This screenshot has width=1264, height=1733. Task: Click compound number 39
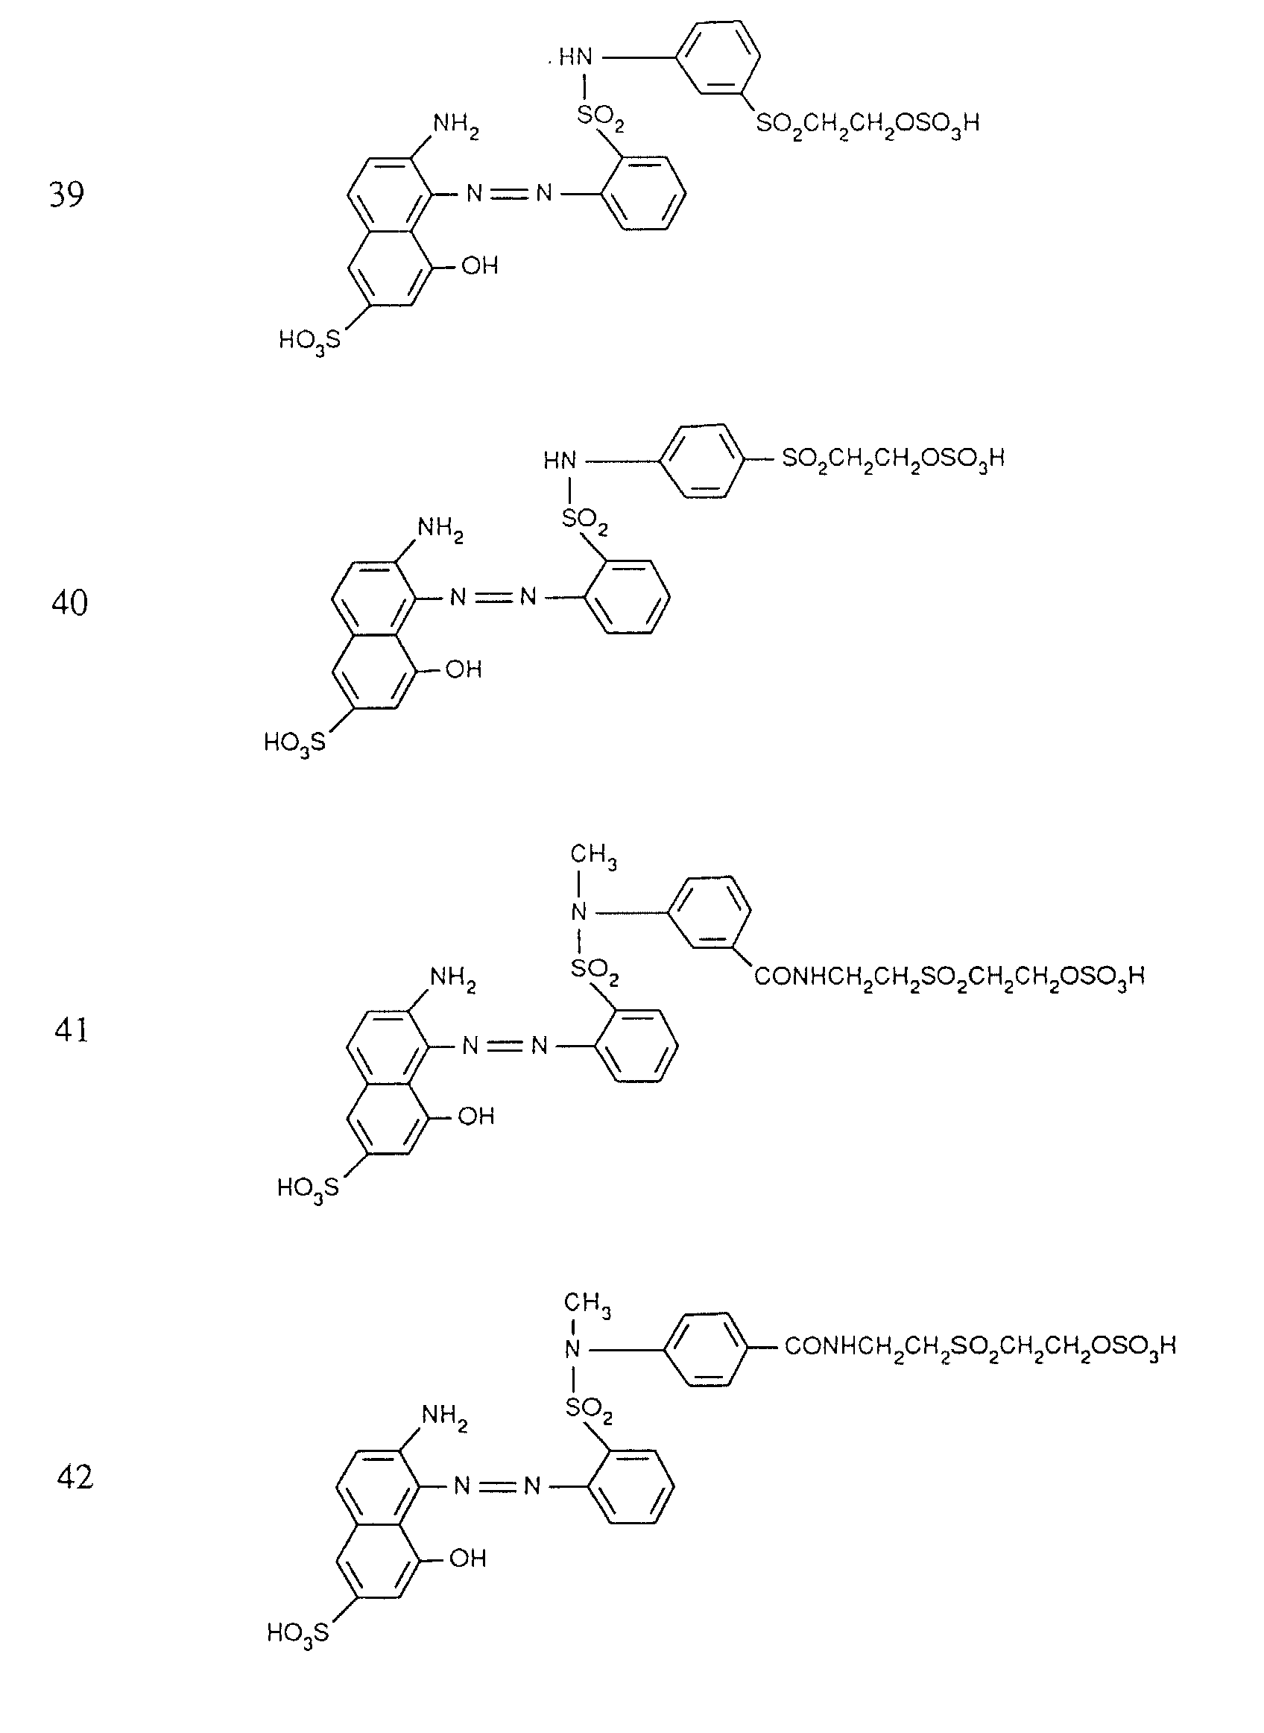pos(66,195)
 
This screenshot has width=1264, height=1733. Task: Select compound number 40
pos(69,603)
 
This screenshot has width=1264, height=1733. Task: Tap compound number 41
pos(71,1030)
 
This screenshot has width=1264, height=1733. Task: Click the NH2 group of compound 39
pos(456,124)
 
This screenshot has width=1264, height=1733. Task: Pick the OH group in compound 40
pos(464,670)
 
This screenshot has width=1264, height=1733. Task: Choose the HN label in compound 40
pos(560,461)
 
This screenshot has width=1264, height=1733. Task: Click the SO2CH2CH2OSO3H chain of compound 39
pos(868,124)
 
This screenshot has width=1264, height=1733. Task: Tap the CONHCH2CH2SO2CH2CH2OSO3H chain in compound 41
pos(949,977)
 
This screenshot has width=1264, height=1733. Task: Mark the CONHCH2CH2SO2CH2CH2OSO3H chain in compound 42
pos(979,1347)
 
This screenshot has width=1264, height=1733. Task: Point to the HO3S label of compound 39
pos(309,341)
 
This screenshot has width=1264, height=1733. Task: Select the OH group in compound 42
pos(467,1558)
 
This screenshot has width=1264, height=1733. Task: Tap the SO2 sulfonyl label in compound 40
pos(585,520)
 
